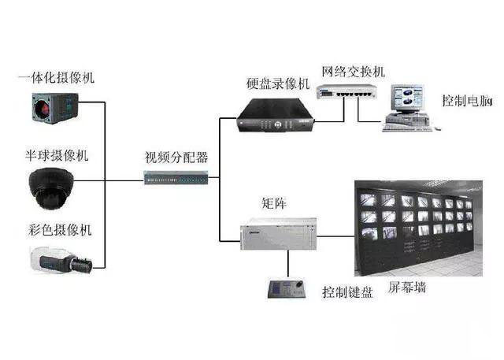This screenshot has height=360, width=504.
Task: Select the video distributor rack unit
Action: coord(176,178)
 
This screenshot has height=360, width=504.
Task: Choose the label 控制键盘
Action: coord(346,292)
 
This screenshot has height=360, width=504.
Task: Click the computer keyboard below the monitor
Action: coord(406,124)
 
